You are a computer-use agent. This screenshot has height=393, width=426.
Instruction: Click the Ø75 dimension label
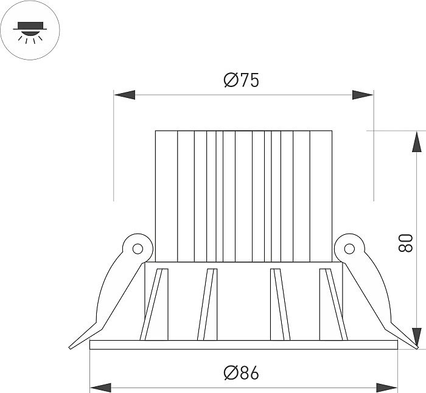pos(241,80)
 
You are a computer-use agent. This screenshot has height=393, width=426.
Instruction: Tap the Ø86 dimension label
pos(241,373)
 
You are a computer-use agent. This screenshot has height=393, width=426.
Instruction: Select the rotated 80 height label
pos(405,243)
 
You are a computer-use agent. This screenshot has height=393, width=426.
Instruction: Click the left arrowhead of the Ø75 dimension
pos(124,95)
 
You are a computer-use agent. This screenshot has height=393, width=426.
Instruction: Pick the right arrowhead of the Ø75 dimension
pos(363,95)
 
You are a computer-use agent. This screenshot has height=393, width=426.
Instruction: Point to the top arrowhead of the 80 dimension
pos(416,142)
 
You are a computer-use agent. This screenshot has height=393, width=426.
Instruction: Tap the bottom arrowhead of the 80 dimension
pos(416,338)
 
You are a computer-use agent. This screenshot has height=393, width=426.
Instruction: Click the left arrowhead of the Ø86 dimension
pos(100,388)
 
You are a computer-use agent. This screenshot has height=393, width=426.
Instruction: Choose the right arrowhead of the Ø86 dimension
pos(386,388)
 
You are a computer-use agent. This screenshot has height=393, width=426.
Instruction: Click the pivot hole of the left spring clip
pos(138,248)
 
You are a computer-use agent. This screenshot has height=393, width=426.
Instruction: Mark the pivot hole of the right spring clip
pos(349,248)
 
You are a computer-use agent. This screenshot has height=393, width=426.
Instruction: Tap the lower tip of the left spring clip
pos(70,347)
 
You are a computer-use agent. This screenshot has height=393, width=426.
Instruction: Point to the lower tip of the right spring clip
pos(416,347)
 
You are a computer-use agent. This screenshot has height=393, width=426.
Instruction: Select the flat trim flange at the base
pos(243,345)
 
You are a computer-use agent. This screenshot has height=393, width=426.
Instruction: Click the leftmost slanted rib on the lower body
pos(154,304)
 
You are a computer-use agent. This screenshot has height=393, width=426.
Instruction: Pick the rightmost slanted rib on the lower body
pos(333,304)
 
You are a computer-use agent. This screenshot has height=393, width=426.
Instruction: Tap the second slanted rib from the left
pos(208,304)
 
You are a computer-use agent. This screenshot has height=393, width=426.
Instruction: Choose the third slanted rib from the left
pos(281,304)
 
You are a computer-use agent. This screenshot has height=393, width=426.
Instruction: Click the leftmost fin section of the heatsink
pos(166,196)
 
